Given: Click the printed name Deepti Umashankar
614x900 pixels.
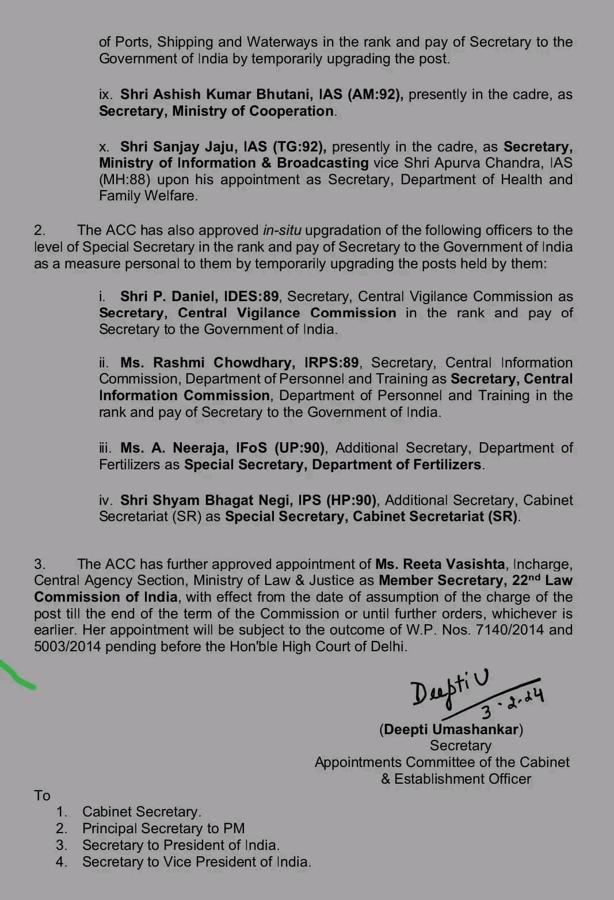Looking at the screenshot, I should (451, 729).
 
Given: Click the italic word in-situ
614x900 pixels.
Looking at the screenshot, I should (282, 230).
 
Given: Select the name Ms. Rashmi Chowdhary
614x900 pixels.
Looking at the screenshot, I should (208, 363).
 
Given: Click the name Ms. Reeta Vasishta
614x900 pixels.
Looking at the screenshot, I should (440, 564).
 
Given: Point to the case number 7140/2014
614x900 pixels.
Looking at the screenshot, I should (510, 630).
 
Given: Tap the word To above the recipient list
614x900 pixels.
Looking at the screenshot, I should (42, 795).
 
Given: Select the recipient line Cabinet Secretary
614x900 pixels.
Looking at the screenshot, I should (142, 812).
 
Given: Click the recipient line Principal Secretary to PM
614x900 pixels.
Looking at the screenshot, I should (163, 829).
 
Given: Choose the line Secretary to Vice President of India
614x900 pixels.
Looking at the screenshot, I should (196, 862).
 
